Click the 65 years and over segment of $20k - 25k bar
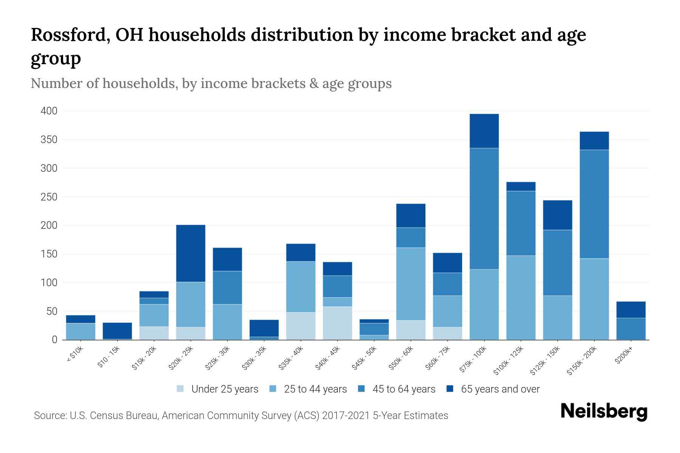point(191,253)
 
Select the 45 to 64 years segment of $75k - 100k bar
point(484,209)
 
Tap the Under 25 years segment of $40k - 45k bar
point(337,323)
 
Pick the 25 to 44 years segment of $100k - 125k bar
point(521,297)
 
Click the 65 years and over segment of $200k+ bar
point(631,310)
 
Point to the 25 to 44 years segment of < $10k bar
point(80,331)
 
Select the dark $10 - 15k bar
point(117,331)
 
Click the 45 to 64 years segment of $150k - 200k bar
point(594,204)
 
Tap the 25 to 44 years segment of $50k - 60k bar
point(411,284)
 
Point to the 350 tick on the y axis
point(49,140)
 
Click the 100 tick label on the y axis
point(49,283)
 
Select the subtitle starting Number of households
point(211,83)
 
